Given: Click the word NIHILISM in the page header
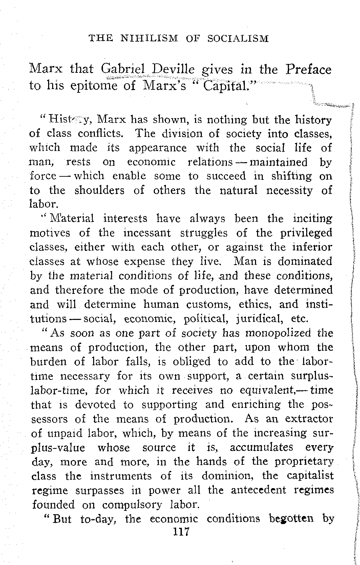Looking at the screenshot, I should pos(149,38).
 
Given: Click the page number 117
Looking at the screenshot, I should pos(181,532).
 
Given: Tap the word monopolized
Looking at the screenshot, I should pos(278,333).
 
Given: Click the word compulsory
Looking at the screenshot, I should pos(131,504).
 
